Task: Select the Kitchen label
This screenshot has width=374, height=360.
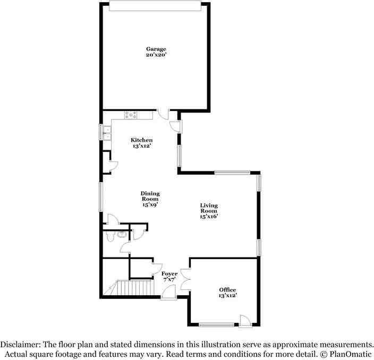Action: pyautogui.click(x=142, y=140)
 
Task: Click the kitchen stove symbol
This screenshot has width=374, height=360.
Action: pyautogui.click(x=131, y=115)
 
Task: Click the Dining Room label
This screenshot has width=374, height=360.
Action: pyautogui.click(x=150, y=196)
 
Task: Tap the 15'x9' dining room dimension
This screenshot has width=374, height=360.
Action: pyautogui.click(x=150, y=204)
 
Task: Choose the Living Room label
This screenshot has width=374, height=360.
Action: pyautogui.click(x=209, y=208)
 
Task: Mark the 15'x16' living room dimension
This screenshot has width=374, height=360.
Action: pyautogui.click(x=209, y=216)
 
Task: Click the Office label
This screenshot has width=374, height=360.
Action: pyautogui.click(x=227, y=289)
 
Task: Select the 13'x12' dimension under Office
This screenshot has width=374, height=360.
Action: pyautogui.click(x=227, y=295)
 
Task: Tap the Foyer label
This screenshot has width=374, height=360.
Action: pyautogui.click(x=169, y=273)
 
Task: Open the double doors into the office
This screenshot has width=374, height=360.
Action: pyautogui.click(x=185, y=279)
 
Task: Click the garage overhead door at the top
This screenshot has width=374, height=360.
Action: pyautogui.click(x=155, y=5)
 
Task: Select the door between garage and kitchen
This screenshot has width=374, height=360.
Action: pyautogui.click(x=164, y=113)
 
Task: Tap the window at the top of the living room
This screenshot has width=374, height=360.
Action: pyautogui.click(x=232, y=172)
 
